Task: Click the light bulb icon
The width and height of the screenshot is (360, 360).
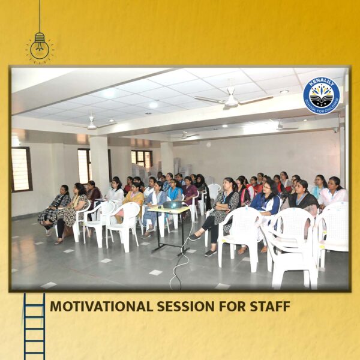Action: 40,47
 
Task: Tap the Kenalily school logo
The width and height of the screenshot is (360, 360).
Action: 321,95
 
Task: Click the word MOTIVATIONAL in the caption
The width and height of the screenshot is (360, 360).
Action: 101,306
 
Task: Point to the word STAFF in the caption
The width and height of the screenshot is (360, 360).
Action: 270,306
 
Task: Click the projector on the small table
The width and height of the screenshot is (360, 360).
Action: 173,205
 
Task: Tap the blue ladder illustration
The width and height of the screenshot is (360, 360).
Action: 34,326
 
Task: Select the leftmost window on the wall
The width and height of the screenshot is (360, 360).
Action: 21,169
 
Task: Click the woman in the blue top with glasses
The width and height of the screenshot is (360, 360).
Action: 266,202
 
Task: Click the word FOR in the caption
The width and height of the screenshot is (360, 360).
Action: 232,306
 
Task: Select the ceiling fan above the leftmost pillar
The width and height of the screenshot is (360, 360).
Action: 91,124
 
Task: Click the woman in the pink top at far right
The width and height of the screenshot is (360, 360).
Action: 334,192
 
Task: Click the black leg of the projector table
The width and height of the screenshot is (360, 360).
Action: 158,230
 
